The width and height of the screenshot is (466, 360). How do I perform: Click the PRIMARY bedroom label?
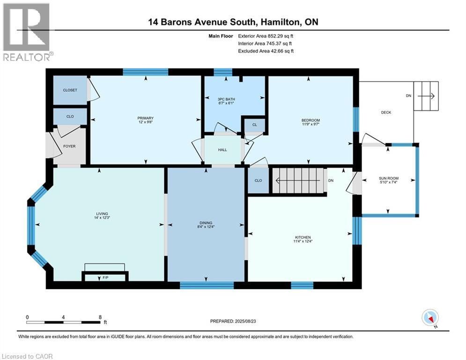tap(146, 118)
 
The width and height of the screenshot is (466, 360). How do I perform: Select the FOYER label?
tap(69, 146)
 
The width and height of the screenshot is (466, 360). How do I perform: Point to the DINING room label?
tap(206, 223)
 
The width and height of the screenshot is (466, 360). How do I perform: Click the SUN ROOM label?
tap(388, 179)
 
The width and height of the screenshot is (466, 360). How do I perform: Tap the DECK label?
tap(386, 112)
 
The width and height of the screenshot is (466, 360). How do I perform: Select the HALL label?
tap(222, 150)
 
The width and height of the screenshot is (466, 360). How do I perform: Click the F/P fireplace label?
tap(105, 277)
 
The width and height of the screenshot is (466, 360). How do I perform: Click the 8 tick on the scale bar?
tap(100, 317)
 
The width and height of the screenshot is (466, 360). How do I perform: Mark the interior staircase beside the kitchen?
tap(298, 180)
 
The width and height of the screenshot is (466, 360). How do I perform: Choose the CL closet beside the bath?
tap(254, 125)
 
